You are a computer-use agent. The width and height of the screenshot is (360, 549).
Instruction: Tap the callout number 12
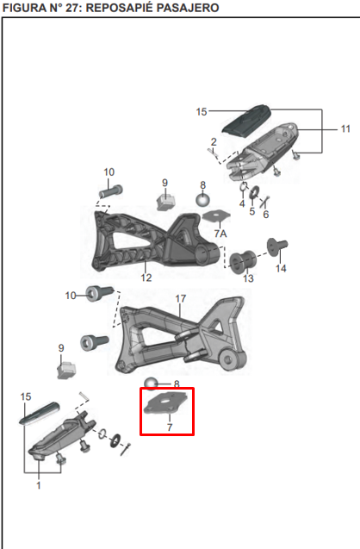pyautogui.click(x=146, y=278)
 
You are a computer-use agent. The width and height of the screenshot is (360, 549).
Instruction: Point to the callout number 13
pyautogui.click(x=248, y=278)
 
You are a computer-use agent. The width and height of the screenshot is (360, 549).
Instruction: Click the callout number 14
pyautogui.click(x=281, y=269)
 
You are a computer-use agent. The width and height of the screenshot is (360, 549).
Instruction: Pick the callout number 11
pyautogui.click(x=344, y=129)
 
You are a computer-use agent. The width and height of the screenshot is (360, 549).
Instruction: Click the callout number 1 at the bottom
pyautogui.click(x=39, y=486)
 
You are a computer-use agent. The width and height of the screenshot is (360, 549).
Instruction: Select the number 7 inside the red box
pyautogui.click(x=169, y=427)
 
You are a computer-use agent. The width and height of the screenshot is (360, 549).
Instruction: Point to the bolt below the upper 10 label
pyautogui.click(x=107, y=192)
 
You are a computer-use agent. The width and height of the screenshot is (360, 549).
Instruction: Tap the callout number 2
pyautogui.click(x=213, y=141)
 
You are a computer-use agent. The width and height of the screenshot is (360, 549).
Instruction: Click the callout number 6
pyautogui.click(x=265, y=214)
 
